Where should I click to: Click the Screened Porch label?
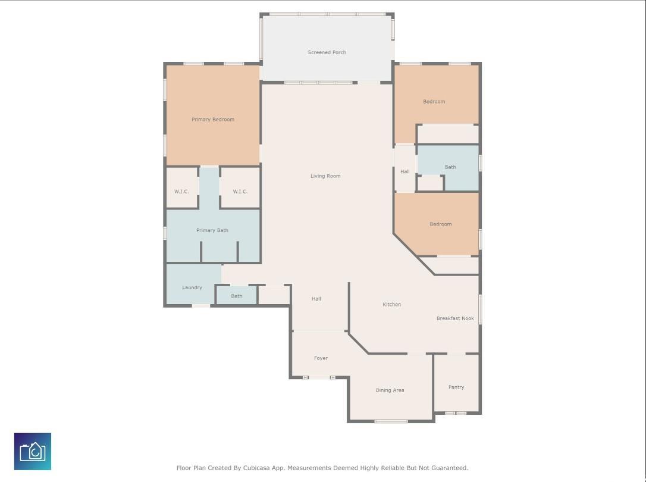327,52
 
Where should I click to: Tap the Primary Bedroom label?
212,120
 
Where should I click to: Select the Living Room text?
325,176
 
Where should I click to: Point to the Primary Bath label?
212,230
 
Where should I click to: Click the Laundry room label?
192,287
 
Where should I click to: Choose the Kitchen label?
392,305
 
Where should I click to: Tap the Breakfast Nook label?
455,318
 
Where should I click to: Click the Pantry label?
456,387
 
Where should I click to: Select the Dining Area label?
390,390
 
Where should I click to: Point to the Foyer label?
321,358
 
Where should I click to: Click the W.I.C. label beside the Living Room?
240,192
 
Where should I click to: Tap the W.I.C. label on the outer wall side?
181,192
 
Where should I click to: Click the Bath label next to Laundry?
237,296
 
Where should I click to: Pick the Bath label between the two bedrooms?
450,167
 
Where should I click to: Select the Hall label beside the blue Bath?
405,171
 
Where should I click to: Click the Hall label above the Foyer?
316,299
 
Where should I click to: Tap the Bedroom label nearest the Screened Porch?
434,101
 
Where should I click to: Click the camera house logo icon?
33,451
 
